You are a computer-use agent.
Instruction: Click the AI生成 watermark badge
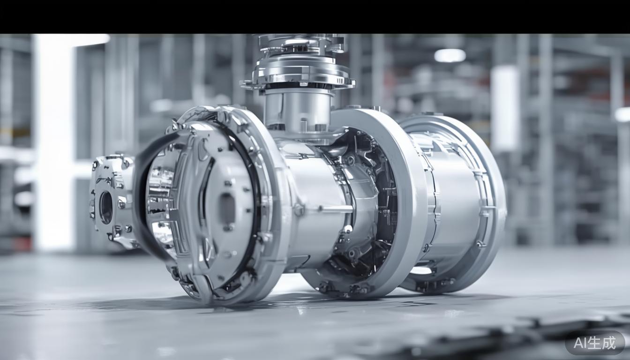point(594,343)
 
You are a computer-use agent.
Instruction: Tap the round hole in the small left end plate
point(106,208)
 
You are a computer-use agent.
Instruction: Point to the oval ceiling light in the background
point(450,55)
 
